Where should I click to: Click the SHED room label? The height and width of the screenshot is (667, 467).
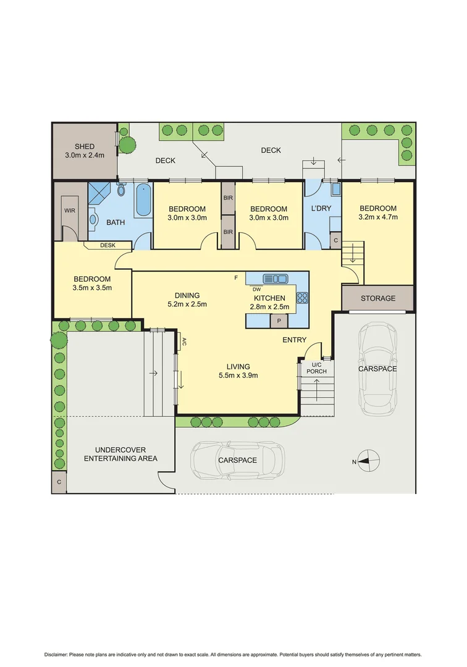click(85, 147)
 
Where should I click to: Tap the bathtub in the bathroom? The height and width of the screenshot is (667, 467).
click(143, 199)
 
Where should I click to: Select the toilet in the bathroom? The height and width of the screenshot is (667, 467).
click(122, 190)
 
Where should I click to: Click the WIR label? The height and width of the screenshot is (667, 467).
click(70, 211)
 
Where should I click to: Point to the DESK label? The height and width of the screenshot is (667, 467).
click(107, 245)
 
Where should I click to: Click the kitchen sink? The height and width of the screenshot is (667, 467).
click(275, 279)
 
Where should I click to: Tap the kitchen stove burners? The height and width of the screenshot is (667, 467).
click(303, 297)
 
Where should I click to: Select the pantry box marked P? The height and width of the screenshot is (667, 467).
click(279, 321)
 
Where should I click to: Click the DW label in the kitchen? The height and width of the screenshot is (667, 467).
click(256, 289)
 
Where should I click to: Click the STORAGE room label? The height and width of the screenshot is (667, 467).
click(378, 298)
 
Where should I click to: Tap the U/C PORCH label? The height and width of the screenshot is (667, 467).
click(317, 368)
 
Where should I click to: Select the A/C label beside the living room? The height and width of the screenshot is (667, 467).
click(184, 341)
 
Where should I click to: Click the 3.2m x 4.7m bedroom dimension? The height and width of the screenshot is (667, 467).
click(378, 217)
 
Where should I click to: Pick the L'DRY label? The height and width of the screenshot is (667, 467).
click(321, 209)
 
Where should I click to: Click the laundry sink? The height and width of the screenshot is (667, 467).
click(335, 189)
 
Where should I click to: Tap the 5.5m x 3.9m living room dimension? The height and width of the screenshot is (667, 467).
click(238, 375)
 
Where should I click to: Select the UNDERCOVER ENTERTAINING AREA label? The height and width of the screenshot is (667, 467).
click(120, 455)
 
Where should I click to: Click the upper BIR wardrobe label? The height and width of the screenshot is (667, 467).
click(228, 198)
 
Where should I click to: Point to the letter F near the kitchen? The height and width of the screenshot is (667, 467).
click(236, 278)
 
